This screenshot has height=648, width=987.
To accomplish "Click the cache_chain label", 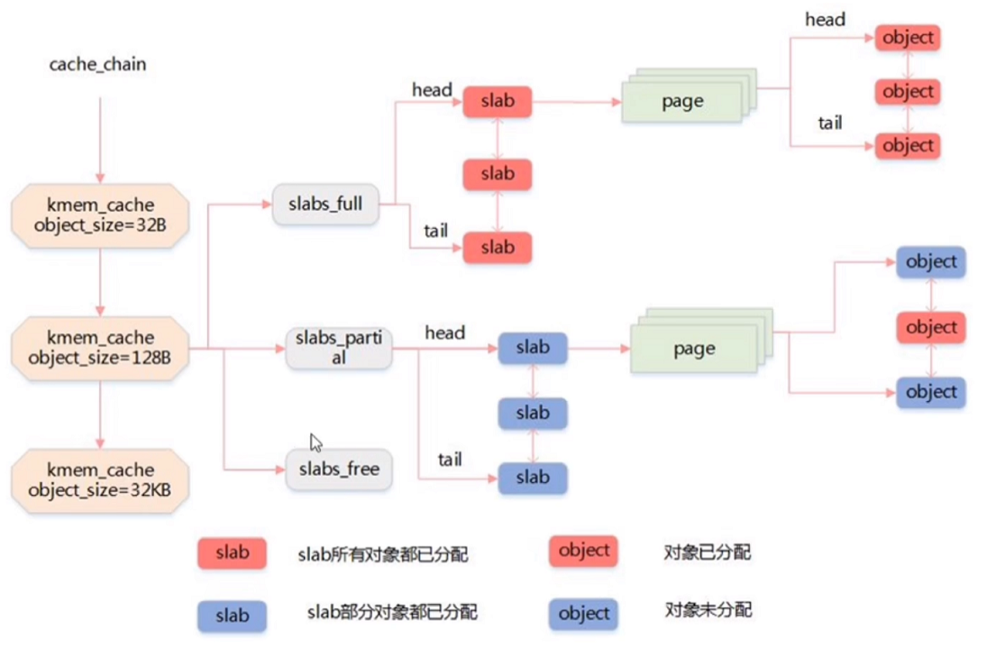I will click(x=97, y=65).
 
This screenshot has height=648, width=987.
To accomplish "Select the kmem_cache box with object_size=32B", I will click(x=100, y=210).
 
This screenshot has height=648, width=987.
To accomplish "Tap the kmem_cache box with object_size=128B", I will click(x=100, y=348).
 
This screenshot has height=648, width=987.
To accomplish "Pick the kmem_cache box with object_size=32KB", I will click(x=100, y=479).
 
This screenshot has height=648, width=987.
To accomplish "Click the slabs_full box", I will click(x=325, y=204).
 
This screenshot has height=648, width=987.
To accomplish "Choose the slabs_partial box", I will click(x=339, y=348).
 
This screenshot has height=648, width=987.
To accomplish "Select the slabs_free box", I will click(x=339, y=470).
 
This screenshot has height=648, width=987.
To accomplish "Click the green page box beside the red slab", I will click(x=682, y=102).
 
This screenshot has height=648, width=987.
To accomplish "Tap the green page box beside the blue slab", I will click(x=693, y=349).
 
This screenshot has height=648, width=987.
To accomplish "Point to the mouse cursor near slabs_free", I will click(x=315, y=443).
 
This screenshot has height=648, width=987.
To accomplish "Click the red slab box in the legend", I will click(x=232, y=552).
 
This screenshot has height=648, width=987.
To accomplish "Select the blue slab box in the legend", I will click(x=232, y=616).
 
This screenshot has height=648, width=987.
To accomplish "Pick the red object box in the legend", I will click(x=584, y=551).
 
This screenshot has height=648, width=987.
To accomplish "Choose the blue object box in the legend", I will click(x=584, y=614).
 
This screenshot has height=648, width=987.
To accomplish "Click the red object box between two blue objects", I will click(x=931, y=327).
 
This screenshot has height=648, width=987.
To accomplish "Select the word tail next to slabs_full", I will click(x=436, y=232).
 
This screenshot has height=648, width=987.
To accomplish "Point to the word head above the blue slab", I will click(x=444, y=333).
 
